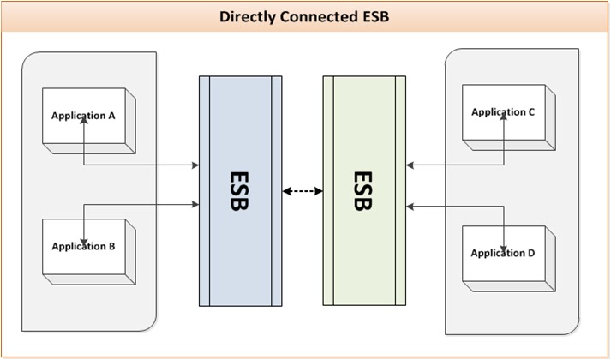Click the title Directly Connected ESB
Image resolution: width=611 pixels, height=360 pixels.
coord(305,16)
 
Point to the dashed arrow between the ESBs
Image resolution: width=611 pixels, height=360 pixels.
coord(303,191)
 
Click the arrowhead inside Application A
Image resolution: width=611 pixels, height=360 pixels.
coord(84,123)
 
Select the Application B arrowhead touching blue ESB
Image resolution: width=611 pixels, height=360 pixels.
coord(195,204)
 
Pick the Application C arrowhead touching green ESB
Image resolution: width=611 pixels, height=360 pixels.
coord(410,165)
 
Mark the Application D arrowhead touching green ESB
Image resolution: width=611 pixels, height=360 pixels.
coord(410,206)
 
